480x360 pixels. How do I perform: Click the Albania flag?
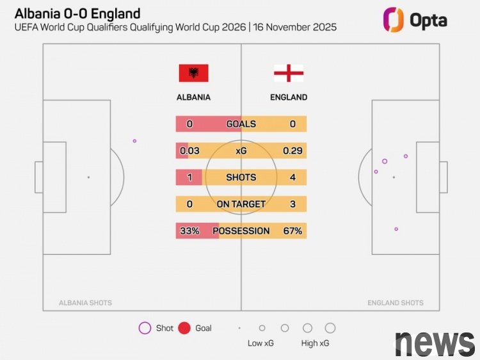click(193, 73)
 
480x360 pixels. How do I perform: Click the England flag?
click(289, 73)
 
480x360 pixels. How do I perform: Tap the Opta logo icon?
click(393, 19)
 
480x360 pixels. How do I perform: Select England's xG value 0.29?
click(293, 151)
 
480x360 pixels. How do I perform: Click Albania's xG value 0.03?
click(189, 151)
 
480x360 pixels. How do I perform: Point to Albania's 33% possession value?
click(189, 231)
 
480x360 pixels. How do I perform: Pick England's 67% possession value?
click(292, 231)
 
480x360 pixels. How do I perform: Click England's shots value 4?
click(292, 177)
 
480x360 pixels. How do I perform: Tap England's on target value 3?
click(292, 204)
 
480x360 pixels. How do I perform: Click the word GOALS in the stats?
click(241, 124)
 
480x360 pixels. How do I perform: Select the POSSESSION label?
click(241, 231)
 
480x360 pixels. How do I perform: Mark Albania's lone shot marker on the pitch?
click(134, 141)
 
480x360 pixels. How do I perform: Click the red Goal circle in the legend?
click(184, 328)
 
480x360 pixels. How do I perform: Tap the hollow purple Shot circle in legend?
click(145, 328)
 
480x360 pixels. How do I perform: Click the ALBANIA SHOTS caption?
click(85, 303)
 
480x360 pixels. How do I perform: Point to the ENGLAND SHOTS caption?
click(396, 303)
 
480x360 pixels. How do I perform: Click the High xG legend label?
click(316, 343)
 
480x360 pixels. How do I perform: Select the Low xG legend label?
click(260, 343)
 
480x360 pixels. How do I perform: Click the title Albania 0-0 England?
click(77, 13)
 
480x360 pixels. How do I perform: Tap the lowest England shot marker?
click(396, 229)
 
